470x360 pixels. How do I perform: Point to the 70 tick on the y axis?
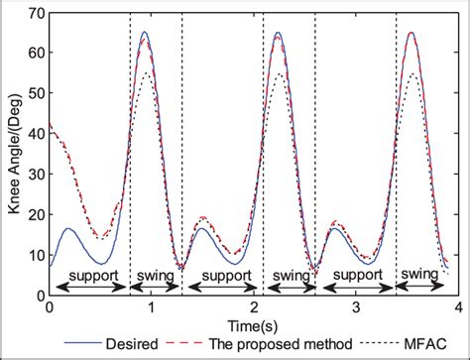35,13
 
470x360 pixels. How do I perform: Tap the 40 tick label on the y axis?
35,134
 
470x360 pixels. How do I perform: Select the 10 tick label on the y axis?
35,255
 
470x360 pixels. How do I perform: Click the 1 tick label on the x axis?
149,307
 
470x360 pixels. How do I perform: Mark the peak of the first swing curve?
146,33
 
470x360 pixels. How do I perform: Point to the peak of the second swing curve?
278,33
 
